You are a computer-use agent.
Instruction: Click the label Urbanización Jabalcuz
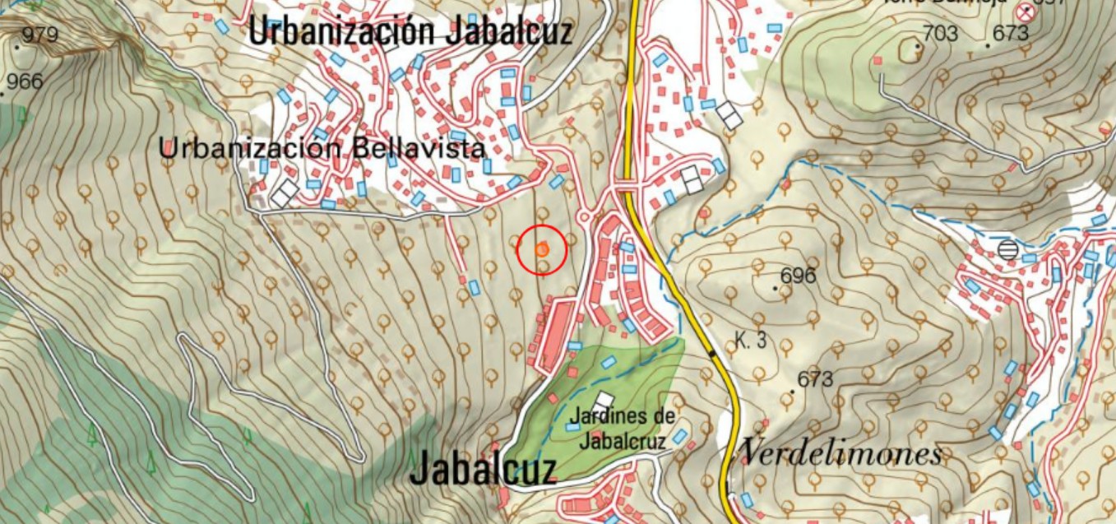click(410, 31)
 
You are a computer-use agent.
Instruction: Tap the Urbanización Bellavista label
click(322, 149)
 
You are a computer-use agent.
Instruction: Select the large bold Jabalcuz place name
click(483, 468)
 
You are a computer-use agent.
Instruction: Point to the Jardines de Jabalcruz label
click(621, 429)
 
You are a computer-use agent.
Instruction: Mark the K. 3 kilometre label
click(749, 340)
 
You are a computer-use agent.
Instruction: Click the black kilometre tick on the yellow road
click(711, 353)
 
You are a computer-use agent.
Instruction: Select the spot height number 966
click(25, 81)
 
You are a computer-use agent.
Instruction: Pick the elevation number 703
click(940, 34)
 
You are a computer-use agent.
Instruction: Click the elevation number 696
click(797, 276)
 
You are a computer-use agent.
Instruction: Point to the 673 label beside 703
click(1011, 34)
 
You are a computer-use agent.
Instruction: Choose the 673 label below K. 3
click(815, 380)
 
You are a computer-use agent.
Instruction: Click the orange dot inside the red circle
click(541, 249)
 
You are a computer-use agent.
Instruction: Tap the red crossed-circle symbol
click(1025, 12)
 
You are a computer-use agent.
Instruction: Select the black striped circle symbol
click(1007, 249)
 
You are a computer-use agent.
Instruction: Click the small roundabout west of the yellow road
click(586, 216)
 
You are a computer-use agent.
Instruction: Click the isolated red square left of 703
click(878, 60)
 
